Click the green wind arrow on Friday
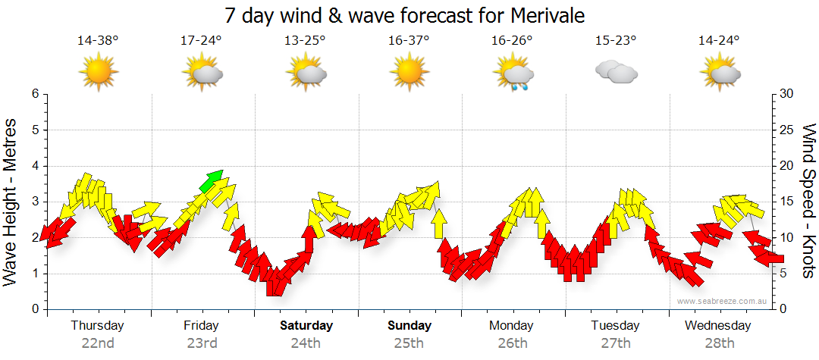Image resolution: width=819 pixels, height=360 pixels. tap(212, 180)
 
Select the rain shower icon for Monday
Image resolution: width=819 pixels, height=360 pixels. tap(513, 74)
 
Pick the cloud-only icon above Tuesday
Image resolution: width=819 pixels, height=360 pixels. tap(616, 73)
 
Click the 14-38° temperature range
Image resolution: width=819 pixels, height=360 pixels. tap(98, 41)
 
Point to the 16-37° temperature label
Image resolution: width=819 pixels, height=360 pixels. tap(409, 41)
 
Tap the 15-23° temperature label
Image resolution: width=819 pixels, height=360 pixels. tap(616, 41)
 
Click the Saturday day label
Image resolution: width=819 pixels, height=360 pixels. tap(306, 326)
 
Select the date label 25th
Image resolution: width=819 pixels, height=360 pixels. tap(409, 343)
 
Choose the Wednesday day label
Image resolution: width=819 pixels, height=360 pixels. tap(717, 326)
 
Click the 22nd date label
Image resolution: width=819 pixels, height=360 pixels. tap(98, 343)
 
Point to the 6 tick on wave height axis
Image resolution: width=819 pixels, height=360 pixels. tap(34, 94)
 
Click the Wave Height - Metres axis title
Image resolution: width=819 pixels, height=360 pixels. tap(11, 202)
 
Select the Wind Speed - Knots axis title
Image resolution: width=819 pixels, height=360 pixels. tap(808, 202)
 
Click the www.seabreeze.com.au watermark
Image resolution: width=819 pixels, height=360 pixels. tap(723, 301)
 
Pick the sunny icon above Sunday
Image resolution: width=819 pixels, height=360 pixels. tap(409, 74)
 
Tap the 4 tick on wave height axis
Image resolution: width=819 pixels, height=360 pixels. tap(34, 166)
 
